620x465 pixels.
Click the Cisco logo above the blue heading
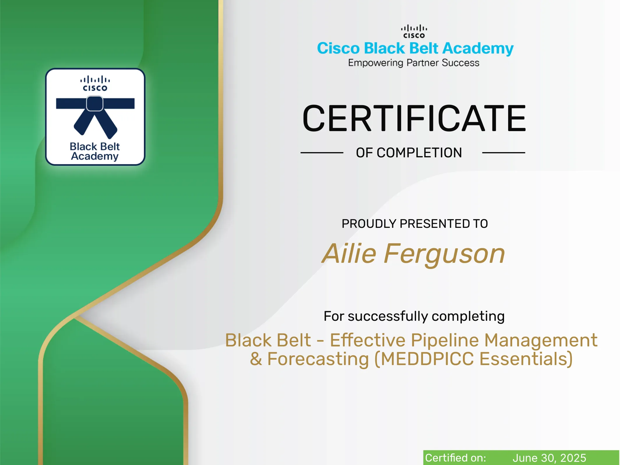[414, 31]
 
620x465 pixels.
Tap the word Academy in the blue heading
[478, 49]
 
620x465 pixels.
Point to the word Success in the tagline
[460, 63]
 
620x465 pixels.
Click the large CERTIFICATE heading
[414, 118]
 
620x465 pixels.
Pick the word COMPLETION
[419, 153]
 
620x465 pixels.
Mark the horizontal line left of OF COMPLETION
[322, 152]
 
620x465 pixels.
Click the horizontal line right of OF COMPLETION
[503, 152]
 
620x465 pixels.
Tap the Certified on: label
[455, 458]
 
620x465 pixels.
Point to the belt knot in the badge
[95, 104]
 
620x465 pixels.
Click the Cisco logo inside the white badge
[95, 83]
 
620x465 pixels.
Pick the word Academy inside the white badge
[95, 156]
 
